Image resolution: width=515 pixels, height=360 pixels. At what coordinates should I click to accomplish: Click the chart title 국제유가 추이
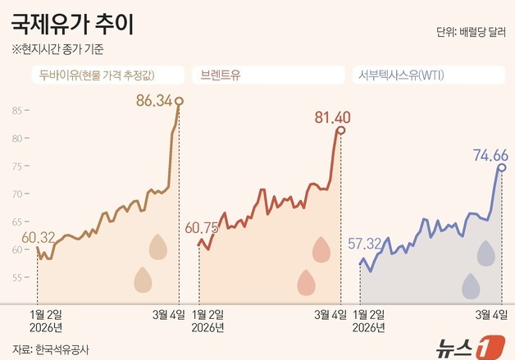[x=72, y=23]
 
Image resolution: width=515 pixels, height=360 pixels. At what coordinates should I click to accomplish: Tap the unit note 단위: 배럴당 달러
[x=470, y=33]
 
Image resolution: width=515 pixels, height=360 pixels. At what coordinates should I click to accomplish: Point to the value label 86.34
[x=153, y=102]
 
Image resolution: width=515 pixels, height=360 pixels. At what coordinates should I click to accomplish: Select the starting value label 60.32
[x=39, y=238]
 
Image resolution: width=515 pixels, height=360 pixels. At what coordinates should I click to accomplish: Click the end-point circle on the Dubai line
[x=180, y=101]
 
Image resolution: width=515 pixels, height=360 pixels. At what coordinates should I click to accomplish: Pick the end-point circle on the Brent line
[x=340, y=130]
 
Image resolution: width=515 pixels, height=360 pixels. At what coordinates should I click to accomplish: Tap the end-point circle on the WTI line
[x=501, y=167]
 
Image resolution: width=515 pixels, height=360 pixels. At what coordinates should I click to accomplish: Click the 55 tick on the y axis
[x=18, y=277]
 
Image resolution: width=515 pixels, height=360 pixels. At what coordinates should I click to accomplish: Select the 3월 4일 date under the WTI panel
[x=490, y=313]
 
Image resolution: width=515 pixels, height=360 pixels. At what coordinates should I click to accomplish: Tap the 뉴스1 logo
[x=473, y=345]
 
